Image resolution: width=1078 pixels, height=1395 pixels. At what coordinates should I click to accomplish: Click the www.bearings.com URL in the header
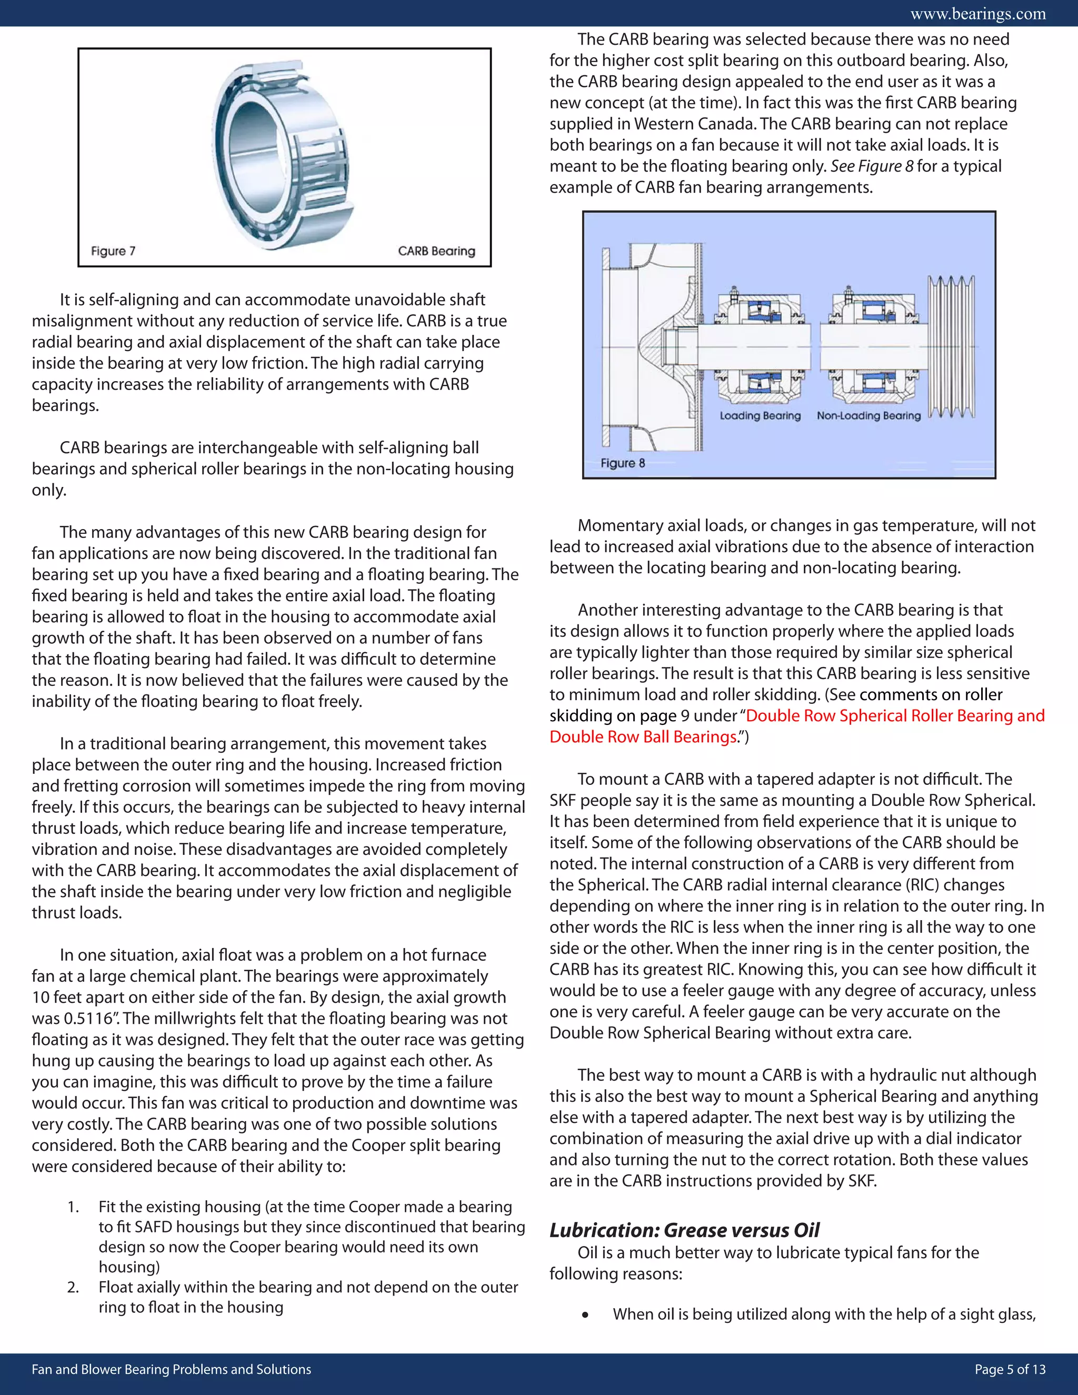(978, 13)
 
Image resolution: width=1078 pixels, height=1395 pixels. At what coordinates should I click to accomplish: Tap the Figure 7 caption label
(113, 251)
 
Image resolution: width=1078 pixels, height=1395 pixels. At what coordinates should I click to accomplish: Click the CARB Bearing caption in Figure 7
(436, 251)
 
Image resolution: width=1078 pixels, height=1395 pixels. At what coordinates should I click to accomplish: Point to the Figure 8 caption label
(622, 463)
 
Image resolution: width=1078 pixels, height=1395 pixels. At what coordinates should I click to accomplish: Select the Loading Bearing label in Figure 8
(760, 416)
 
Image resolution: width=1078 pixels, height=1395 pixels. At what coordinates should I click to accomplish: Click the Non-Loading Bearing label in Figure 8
(869, 416)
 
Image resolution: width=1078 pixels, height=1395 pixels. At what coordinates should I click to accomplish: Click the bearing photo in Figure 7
(284, 153)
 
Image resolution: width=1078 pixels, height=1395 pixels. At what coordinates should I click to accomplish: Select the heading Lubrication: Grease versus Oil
(684, 1230)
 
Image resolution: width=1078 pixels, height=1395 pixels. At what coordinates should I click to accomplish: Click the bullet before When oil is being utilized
(585, 1314)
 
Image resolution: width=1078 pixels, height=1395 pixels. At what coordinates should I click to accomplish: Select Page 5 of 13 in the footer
(1010, 1369)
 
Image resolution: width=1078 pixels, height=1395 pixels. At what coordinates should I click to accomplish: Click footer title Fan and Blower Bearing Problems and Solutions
(171, 1369)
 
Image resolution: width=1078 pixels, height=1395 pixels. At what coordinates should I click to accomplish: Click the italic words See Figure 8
(872, 166)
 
